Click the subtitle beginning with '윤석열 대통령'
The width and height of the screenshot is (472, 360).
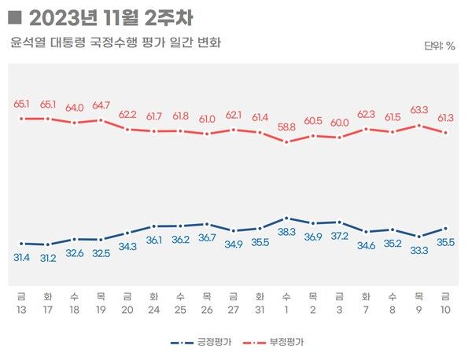(x=116, y=42)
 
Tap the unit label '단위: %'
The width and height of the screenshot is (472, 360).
(x=439, y=46)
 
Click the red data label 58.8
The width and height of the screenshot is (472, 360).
(x=286, y=126)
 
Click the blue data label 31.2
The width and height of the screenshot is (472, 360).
(x=48, y=258)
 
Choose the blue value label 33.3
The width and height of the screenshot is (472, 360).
(x=419, y=250)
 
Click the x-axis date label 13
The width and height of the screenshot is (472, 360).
(x=21, y=309)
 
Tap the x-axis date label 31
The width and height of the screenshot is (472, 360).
(x=260, y=309)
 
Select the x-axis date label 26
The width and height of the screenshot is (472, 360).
(x=207, y=309)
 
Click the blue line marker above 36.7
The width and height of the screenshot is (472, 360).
(x=207, y=224)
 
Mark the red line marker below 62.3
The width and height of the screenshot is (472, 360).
(x=366, y=129)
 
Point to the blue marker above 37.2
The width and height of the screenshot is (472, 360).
(x=339, y=222)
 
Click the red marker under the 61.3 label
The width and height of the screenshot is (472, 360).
(x=446, y=133)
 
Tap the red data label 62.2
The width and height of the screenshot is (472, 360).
(x=127, y=114)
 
